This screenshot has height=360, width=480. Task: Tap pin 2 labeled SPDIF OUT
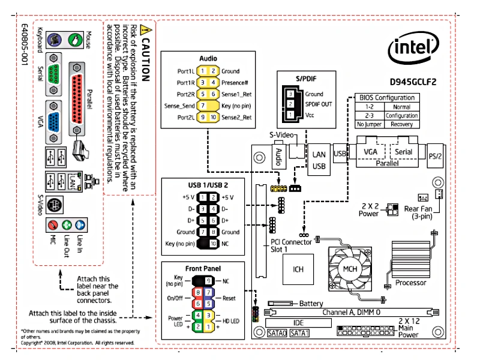(290, 104)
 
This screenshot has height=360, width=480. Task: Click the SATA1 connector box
(300, 332)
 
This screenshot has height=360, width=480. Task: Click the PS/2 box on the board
(437, 156)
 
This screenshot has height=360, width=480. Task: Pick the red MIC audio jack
(53, 226)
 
